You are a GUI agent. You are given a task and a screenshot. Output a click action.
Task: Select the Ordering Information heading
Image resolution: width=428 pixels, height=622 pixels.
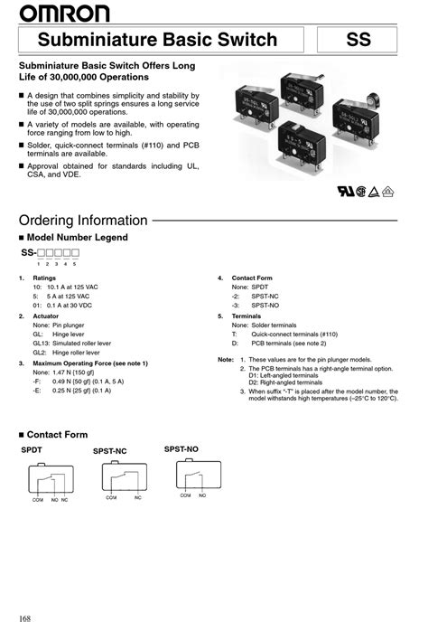click(83, 221)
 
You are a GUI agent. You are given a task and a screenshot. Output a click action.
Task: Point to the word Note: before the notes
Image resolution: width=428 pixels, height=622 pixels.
click(226, 359)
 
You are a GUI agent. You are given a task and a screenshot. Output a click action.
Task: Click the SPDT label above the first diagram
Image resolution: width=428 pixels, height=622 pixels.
click(33, 449)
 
